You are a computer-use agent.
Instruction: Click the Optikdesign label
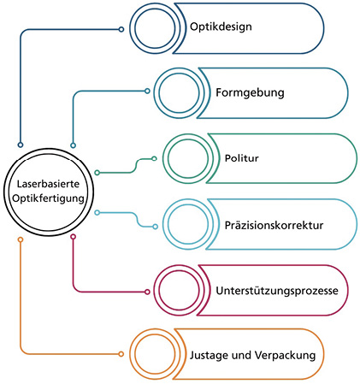(x=221, y=27)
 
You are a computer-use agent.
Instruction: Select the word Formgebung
(x=250, y=93)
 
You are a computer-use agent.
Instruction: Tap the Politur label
(x=242, y=158)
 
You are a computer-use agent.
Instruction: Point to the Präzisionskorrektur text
(x=274, y=225)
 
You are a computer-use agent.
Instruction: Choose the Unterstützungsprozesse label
(x=277, y=291)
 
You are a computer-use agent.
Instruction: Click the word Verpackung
(x=285, y=356)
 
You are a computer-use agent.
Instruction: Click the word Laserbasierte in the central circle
(x=48, y=184)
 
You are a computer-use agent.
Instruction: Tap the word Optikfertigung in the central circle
(x=48, y=198)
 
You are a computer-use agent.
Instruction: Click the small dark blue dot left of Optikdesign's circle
(x=121, y=29)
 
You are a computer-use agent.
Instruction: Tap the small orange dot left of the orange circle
(x=121, y=354)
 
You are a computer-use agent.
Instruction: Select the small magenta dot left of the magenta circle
(x=147, y=292)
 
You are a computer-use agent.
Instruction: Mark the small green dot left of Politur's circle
(x=154, y=158)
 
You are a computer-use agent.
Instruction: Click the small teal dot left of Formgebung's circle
(x=147, y=91)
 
